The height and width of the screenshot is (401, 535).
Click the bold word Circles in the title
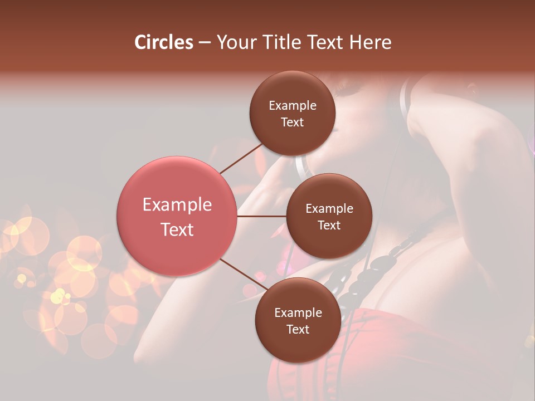[x=164, y=42]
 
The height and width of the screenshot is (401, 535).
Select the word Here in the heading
[x=370, y=42]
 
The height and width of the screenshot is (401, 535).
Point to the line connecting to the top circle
[x=241, y=158]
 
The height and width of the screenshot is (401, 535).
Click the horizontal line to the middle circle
[x=262, y=216]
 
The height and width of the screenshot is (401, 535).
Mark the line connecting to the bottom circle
[x=243, y=275]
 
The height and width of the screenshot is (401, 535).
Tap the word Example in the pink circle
[x=177, y=205]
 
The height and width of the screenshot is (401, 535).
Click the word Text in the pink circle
[x=177, y=229]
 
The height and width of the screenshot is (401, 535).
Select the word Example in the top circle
[x=293, y=106]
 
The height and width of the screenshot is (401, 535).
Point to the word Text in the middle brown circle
[x=329, y=225]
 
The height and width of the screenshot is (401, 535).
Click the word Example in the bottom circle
[x=298, y=313]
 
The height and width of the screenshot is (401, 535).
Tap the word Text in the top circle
[x=293, y=123]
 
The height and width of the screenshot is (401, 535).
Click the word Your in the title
[x=234, y=42]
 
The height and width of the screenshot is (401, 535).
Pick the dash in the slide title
[x=204, y=43]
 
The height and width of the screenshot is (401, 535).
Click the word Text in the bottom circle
[x=298, y=329]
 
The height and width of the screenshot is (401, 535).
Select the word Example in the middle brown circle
[x=329, y=209]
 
